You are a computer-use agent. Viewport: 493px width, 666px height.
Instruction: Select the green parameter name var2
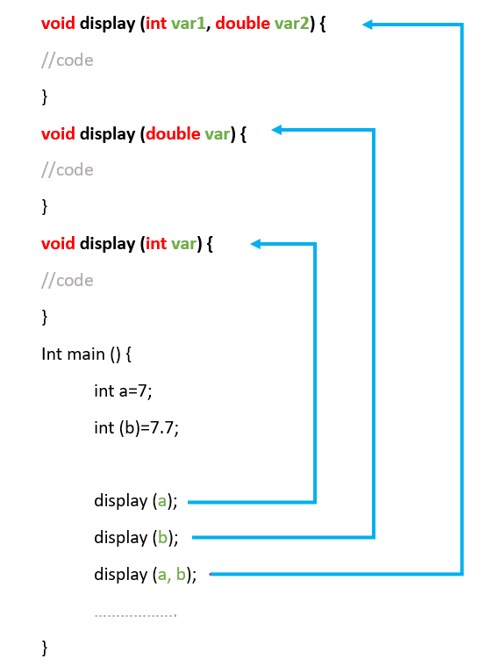[x=291, y=24]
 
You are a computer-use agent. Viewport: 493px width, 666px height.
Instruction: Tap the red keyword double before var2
[x=242, y=24]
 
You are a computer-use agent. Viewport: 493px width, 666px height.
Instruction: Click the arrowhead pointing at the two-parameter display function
[x=368, y=25]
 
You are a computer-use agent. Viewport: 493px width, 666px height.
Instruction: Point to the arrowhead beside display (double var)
[x=277, y=131]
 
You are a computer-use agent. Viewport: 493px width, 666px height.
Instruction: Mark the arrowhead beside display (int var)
[x=256, y=244]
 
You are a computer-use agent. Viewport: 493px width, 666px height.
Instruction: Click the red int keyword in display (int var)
[x=156, y=243]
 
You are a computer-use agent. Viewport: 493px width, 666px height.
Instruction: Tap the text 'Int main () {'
[x=86, y=354]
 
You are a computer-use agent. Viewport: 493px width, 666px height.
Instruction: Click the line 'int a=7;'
[x=123, y=391]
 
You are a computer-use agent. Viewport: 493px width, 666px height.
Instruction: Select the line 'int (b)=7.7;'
[x=136, y=428]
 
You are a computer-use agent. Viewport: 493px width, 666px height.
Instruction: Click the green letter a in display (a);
[x=161, y=502]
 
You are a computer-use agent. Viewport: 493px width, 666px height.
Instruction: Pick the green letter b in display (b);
[x=161, y=538]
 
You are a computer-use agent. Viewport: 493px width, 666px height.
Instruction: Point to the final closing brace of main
[x=45, y=648]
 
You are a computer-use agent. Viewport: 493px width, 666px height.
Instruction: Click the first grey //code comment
[x=67, y=61]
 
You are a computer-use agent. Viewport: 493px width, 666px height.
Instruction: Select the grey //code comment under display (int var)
[x=67, y=281]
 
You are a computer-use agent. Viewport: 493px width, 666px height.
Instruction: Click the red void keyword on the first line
[x=58, y=24]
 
